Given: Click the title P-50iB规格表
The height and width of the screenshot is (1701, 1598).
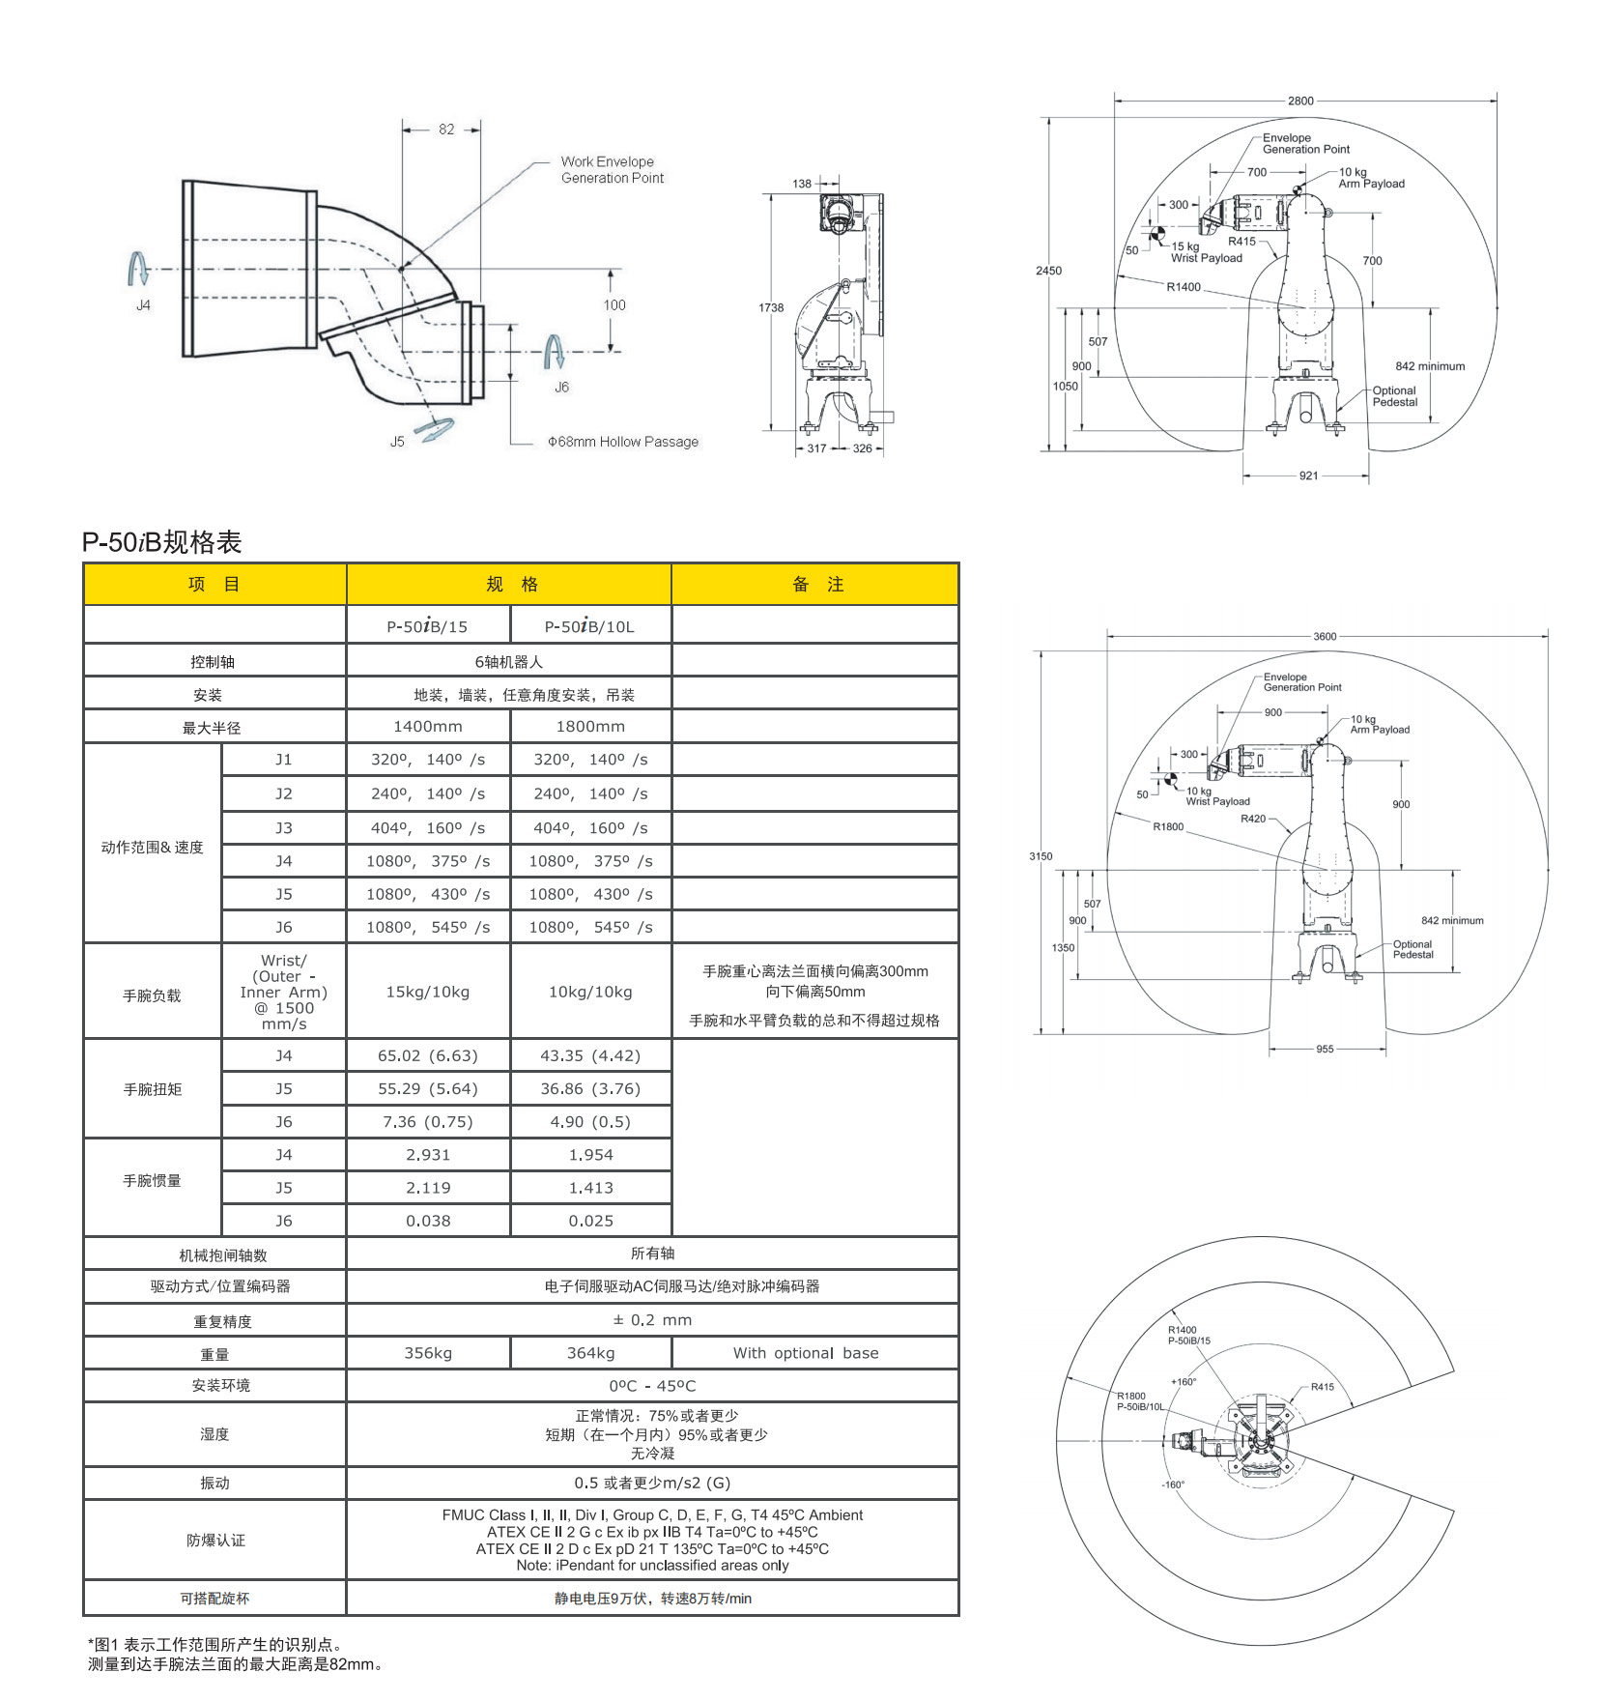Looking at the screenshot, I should (161, 542).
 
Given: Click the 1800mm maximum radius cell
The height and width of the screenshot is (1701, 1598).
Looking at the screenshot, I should (590, 727).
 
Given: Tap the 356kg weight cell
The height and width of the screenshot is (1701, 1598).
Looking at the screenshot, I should (428, 1353).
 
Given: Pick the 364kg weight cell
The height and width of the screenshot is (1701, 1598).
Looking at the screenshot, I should (590, 1353).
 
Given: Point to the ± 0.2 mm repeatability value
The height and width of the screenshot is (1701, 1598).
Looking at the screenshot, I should (652, 1320).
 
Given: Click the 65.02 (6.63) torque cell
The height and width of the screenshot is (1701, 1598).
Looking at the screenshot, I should (428, 1056).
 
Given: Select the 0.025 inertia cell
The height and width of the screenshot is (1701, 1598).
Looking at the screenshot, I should (590, 1221).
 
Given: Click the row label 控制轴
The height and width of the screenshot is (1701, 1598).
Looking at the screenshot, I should (213, 662).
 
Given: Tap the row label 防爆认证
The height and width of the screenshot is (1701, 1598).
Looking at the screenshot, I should (215, 1541).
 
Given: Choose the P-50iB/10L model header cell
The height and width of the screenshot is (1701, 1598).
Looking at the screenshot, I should (589, 626).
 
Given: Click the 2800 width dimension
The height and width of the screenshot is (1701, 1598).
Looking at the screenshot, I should (1300, 101).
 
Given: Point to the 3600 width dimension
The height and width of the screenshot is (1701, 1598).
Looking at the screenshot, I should (1325, 636).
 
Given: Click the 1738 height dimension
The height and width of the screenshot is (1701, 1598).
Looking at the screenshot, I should (771, 307).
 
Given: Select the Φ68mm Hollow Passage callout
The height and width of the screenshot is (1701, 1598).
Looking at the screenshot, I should (623, 442).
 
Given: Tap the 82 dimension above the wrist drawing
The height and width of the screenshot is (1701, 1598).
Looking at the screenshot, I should (446, 130).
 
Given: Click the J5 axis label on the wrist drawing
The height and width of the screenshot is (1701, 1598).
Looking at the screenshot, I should (397, 442).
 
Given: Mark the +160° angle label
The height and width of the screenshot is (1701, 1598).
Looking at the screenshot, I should (1184, 1382).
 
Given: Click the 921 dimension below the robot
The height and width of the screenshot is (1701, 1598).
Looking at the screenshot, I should (1308, 476).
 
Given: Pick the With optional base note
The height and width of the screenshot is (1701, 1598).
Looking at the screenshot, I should (806, 1353).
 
